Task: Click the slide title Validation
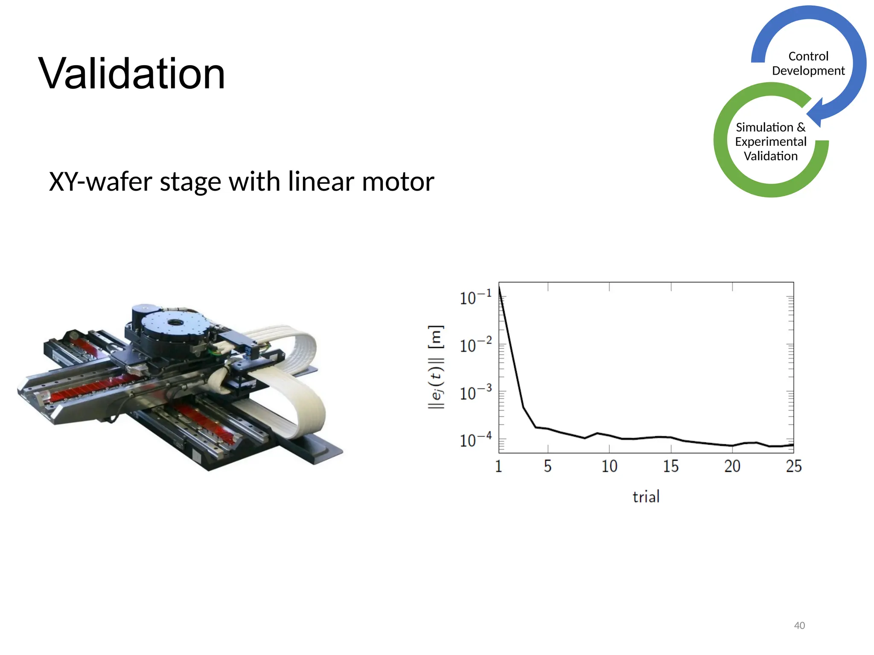(132, 74)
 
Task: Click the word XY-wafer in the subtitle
(100, 182)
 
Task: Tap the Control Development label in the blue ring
(808, 63)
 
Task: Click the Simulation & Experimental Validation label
(770, 142)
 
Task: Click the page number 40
(799, 625)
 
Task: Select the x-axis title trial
(646, 497)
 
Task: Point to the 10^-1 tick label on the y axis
(475, 297)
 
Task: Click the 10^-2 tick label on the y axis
(475, 345)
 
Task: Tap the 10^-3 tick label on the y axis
(475, 392)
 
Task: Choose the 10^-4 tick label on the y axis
(475, 440)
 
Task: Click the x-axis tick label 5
(548, 466)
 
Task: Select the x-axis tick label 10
(609, 466)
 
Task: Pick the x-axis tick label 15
(671, 466)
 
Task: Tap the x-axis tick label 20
(732, 466)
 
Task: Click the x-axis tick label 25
(794, 466)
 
